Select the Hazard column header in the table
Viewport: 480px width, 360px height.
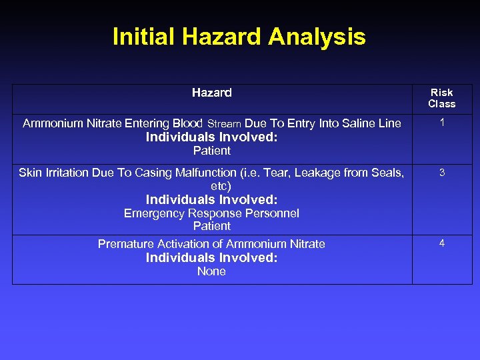pos(211,93)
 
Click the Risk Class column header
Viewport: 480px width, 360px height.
pos(441,98)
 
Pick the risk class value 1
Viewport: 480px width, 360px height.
pos(441,123)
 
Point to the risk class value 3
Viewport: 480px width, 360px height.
pos(441,173)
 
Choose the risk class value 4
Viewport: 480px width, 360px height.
pos(441,243)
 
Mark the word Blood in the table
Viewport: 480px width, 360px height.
pos(188,123)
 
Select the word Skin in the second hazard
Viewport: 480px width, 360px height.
pos(30,173)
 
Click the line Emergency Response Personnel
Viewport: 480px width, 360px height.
pos(211,213)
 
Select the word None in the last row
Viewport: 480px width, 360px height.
pos(211,271)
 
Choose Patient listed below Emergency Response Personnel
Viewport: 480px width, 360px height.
pos(211,226)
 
